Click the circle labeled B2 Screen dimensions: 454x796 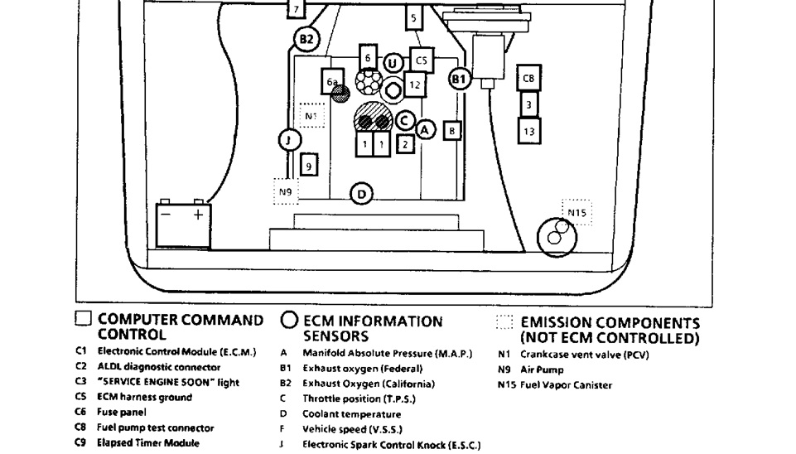point(306,38)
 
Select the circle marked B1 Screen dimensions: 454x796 point(460,80)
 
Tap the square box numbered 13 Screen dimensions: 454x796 point(529,130)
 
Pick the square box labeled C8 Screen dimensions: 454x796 point(529,78)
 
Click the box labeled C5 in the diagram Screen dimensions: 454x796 point(421,60)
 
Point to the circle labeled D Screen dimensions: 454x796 point(362,195)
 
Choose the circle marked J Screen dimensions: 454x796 point(287,140)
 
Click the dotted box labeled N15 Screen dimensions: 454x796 point(577,212)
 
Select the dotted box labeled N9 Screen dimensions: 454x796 point(286,191)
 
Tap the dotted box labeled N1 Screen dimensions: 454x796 point(311,116)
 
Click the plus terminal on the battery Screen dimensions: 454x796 point(197,214)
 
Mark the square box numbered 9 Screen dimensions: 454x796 point(308,167)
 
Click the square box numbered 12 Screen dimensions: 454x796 point(415,85)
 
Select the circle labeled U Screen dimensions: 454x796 point(393,63)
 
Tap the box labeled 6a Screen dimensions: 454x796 point(331,81)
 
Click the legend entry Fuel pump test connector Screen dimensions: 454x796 point(156,428)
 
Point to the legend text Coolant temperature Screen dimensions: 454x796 point(351,414)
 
